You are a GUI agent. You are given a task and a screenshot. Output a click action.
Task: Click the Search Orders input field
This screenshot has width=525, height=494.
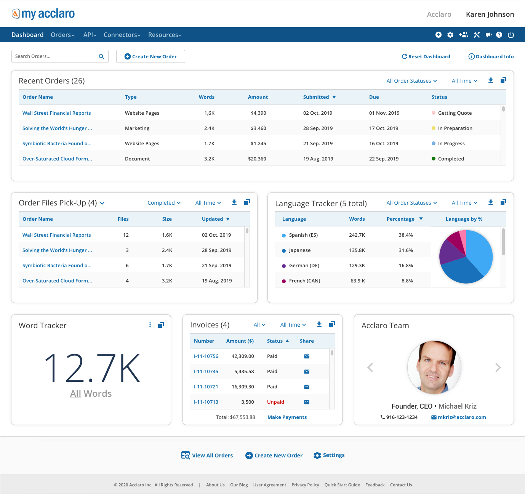point(55,56)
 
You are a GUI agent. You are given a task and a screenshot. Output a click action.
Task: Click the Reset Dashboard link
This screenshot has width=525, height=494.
point(426,56)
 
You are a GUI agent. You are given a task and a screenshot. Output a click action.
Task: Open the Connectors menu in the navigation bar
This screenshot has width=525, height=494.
point(122,35)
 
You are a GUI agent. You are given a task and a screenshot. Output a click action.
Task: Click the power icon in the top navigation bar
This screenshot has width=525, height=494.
point(511,35)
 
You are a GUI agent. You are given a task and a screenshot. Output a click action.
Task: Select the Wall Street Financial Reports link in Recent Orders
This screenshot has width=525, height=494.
point(56,113)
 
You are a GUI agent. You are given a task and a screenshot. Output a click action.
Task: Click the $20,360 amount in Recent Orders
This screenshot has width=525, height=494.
point(257,159)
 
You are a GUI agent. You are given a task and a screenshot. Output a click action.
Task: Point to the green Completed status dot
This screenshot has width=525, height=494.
point(433,159)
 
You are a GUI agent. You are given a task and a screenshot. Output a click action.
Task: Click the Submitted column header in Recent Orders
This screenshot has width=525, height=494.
point(316,97)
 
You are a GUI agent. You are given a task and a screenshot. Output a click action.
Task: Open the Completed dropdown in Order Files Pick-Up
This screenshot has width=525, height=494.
point(164,203)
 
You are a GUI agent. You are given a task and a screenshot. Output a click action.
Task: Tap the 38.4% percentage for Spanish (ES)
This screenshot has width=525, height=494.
point(405,235)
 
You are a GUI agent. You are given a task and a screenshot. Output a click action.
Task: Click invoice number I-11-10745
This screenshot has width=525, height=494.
point(206,371)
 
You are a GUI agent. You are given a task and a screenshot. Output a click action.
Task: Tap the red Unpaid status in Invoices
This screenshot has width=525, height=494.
point(275,402)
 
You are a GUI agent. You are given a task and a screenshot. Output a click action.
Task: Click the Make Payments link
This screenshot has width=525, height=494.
point(287,417)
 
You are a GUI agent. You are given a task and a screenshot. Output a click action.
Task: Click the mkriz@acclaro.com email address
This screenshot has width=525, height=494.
point(461,417)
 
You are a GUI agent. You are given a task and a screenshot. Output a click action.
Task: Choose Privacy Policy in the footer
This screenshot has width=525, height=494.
point(305,485)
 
